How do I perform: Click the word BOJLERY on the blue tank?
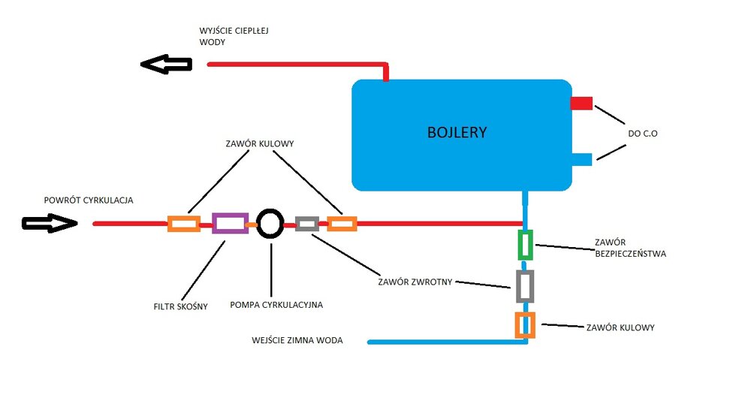457,133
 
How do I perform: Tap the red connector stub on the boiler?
582,103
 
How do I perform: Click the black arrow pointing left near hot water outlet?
166,65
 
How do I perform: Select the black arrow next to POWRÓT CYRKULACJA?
50,223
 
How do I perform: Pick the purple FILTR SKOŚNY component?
230,223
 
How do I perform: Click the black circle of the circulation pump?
270,223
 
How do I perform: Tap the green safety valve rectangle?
526,243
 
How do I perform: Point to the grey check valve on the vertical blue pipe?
526,286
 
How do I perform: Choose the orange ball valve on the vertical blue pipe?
525,324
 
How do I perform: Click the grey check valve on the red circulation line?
307,223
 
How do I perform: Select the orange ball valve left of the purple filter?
183,223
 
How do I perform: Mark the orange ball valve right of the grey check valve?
342,223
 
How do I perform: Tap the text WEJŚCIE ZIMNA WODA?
297,340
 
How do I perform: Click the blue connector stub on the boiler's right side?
582,158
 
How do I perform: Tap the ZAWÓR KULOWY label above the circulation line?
259,143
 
